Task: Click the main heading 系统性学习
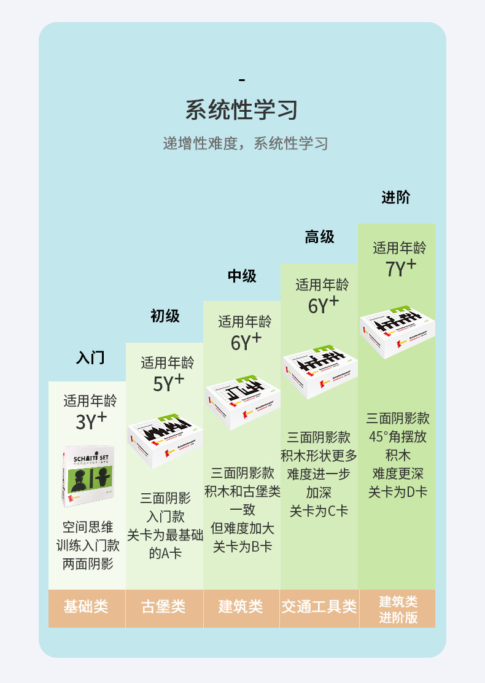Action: click(x=242, y=111)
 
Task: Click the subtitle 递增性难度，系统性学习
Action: click(x=245, y=144)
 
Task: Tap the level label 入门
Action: click(x=90, y=357)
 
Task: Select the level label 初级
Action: click(x=165, y=316)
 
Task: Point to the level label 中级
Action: click(x=242, y=276)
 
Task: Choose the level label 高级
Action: click(x=319, y=236)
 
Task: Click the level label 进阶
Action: click(x=395, y=197)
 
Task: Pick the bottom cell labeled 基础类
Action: click(x=86, y=607)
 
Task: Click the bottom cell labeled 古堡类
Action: click(x=163, y=607)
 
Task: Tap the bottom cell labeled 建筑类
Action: click(x=241, y=607)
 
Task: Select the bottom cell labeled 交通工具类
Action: click(x=319, y=607)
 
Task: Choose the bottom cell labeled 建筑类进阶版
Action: click(x=398, y=609)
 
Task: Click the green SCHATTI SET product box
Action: click(x=88, y=475)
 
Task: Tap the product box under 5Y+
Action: click(x=165, y=437)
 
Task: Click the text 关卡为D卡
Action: click(x=398, y=492)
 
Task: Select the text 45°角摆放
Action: click(x=398, y=437)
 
